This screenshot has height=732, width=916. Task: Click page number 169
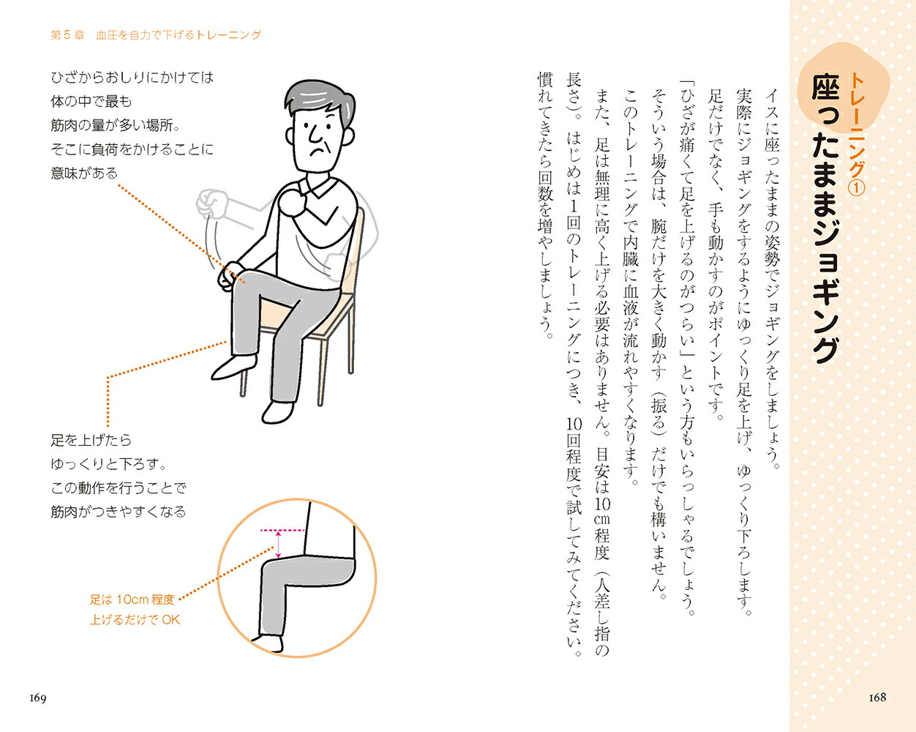[x=37, y=698]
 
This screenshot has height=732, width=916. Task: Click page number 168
[x=877, y=697]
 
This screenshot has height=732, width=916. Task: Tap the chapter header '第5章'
[x=67, y=35]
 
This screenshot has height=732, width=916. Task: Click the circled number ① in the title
[x=857, y=188]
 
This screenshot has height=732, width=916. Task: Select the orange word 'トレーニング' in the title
[x=857, y=124]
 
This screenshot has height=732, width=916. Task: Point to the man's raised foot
[x=233, y=366]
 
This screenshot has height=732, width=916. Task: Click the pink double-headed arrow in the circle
[x=278, y=544]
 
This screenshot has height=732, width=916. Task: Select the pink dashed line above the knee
[x=282, y=531]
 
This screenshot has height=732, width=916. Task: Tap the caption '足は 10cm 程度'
[x=132, y=600]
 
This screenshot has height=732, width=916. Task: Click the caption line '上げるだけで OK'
[x=135, y=619]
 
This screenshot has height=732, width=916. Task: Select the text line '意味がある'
[x=84, y=173]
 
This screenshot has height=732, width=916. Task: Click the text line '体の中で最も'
[x=91, y=101]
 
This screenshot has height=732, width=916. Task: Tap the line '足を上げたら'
[x=91, y=440]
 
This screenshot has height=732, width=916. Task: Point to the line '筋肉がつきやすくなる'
[x=119, y=512]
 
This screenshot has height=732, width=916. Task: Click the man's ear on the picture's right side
[x=348, y=137]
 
